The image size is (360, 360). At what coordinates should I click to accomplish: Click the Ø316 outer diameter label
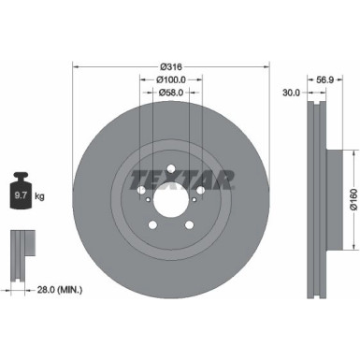170,65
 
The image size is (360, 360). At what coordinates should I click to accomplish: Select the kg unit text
38,196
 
